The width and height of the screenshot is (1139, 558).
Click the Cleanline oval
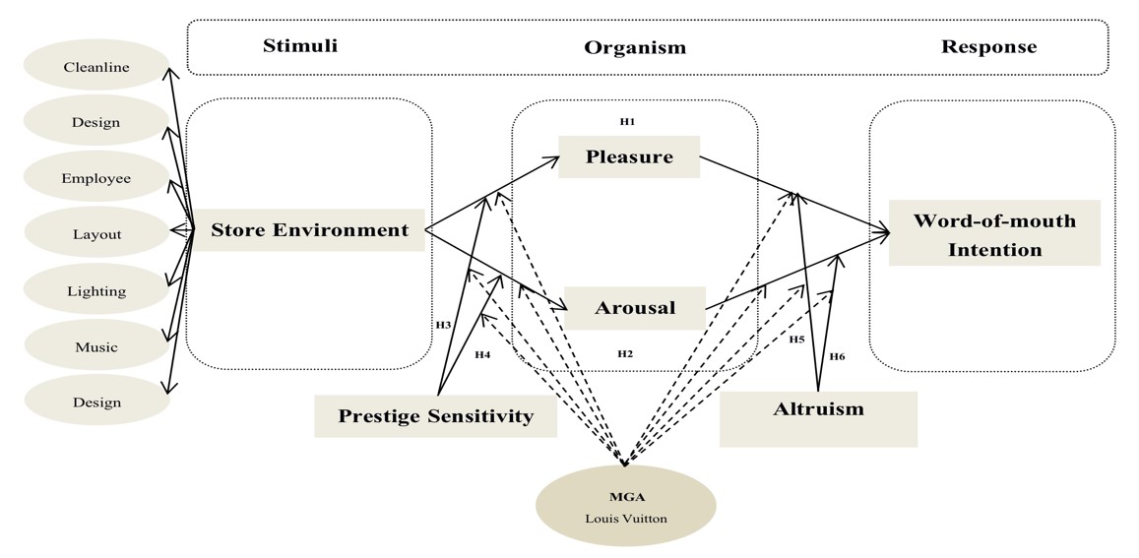click(x=96, y=67)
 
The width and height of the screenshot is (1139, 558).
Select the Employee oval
click(x=96, y=178)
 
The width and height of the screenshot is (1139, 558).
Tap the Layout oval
click(x=96, y=234)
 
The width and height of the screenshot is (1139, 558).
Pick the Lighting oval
click(x=96, y=291)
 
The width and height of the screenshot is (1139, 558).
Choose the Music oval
click(x=96, y=346)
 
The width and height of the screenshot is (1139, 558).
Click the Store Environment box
click(x=309, y=230)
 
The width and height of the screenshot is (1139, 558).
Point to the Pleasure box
click(x=629, y=157)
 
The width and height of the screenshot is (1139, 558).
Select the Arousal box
click(x=635, y=308)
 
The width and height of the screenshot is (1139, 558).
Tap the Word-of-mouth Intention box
click(x=994, y=234)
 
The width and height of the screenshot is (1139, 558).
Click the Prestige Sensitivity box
click(x=435, y=415)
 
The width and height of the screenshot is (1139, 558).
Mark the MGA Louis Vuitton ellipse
click(x=625, y=506)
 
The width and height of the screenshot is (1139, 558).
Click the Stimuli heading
click(x=299, y=45)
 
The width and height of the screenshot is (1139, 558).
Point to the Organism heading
click(x=635, y=47)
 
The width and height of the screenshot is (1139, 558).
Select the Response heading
click(x=988, y=46)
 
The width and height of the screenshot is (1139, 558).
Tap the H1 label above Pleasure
click(x=627, y=121)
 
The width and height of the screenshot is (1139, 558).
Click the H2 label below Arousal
click(x=625, y=353)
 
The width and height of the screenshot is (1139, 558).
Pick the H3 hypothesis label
click(x=443, y=324)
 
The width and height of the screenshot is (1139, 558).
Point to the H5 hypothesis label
click(x=796, y=340)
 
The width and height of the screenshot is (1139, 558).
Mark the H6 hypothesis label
click(x=837, y=356)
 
